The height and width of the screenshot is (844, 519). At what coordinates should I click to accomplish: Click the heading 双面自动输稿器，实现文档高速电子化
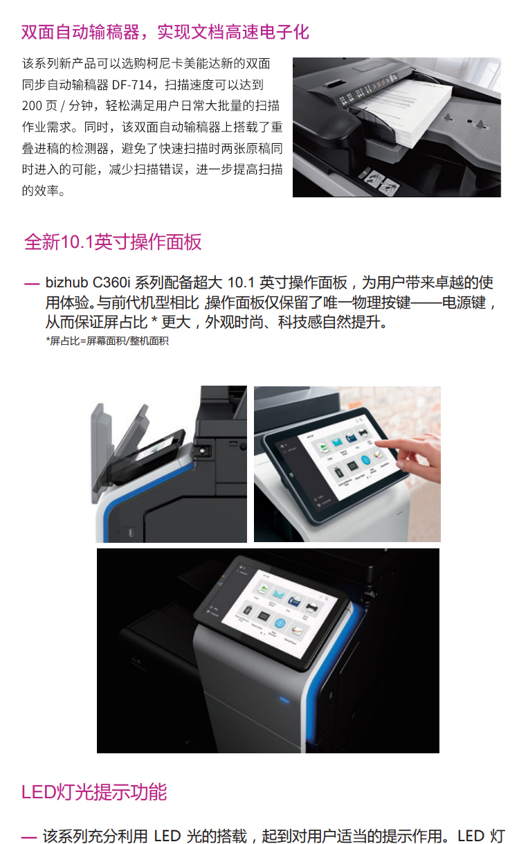[165, 32]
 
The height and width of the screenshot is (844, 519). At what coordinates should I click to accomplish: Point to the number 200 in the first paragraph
[32, 106]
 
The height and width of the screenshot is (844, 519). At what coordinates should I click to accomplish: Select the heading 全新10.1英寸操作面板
[113, 242]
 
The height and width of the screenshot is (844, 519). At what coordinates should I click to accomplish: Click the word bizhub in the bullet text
[66, 282]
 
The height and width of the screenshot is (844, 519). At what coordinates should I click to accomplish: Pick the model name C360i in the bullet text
[111, 282]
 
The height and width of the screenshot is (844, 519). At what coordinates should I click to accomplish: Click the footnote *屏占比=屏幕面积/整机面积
[107, 341]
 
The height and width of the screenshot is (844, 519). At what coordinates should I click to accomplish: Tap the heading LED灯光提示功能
[94, 791]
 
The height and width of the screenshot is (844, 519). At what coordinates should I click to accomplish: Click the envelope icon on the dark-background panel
[279, 594]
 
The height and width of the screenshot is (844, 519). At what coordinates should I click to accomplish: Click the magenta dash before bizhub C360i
[32, 283]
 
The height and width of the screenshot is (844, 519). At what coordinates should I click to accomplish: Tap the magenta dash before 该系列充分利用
[29, 837]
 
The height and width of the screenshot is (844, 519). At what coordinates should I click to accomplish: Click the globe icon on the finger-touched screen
[365, 460]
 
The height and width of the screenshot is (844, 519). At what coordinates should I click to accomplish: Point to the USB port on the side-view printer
[131, 533]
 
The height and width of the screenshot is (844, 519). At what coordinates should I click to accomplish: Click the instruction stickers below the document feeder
[379, 181]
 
